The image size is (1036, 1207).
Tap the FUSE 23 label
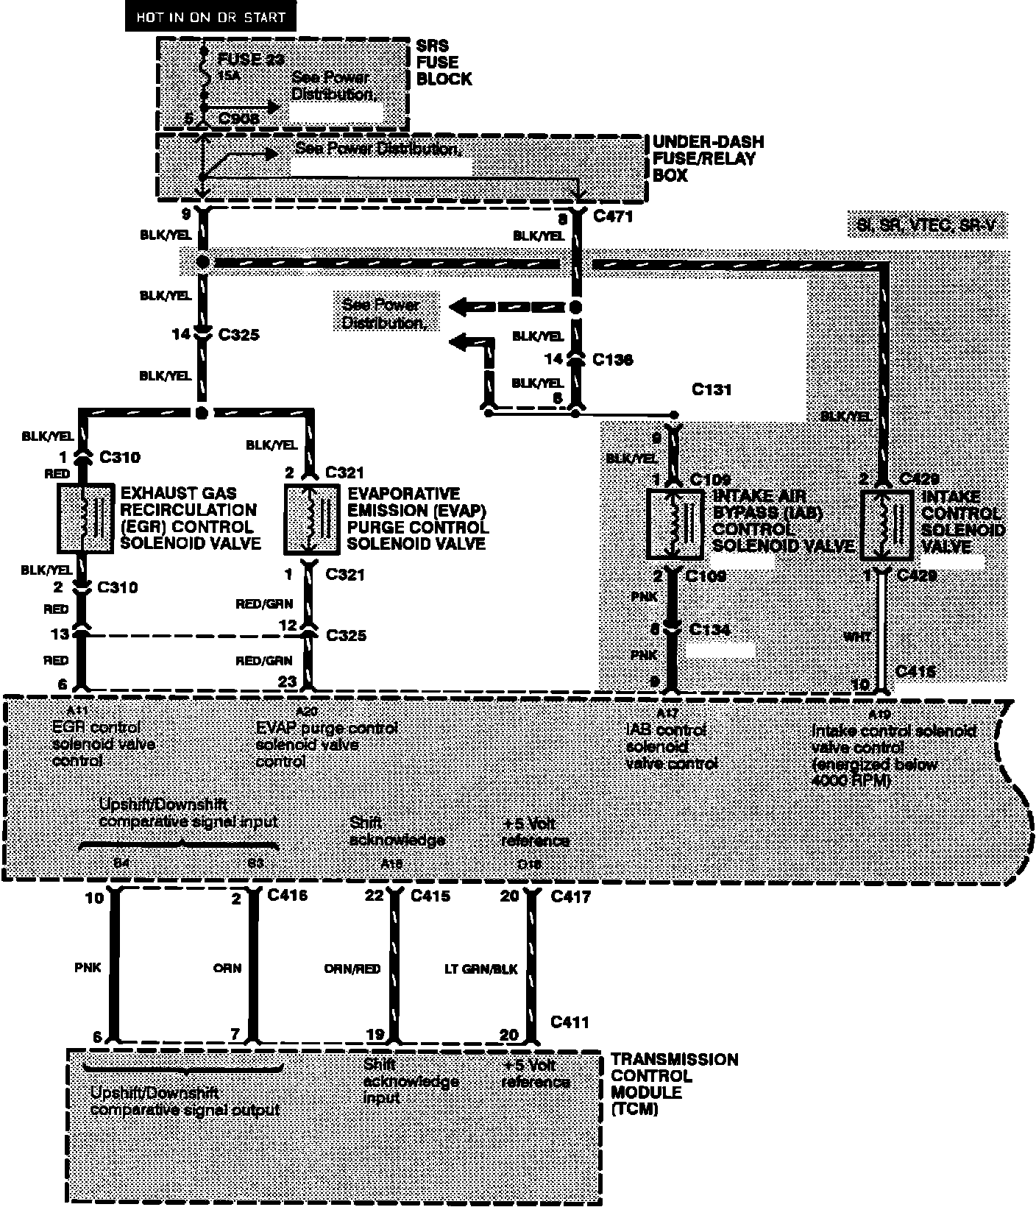tap(251, 60)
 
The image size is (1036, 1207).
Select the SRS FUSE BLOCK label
tap(444, 63)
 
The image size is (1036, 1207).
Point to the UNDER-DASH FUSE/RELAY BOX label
tap(708, 158)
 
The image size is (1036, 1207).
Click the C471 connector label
tap(612, 217)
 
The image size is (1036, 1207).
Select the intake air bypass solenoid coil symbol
tap(673, 523)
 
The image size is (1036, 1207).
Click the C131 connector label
tap(711, 389)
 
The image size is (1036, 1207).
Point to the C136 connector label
tap(612, 360)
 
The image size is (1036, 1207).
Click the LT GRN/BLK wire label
tap(481, 969)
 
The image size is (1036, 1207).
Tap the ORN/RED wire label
tap(352, 969)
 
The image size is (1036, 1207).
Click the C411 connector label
tap(570, 1022)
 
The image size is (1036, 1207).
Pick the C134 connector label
tap(710, 629)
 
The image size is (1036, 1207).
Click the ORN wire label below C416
tap(227, 968)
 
